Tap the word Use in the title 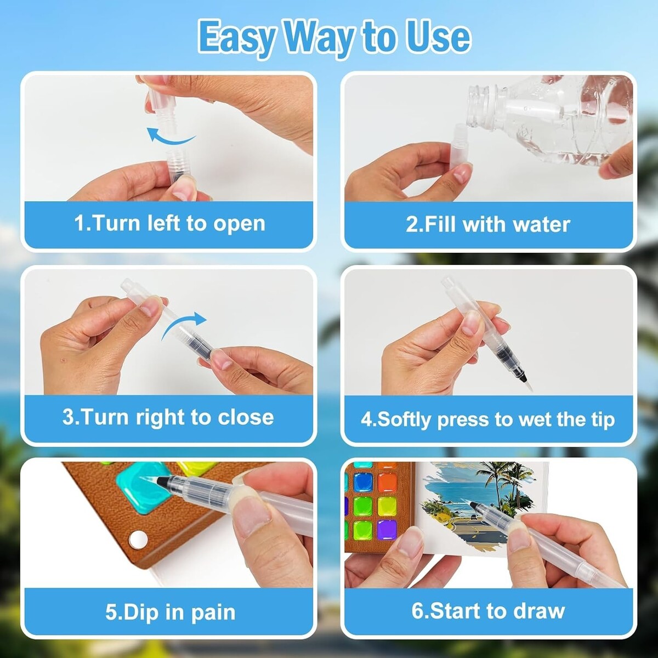point(439,36)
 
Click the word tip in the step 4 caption point(603,419)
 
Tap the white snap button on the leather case point(139,539)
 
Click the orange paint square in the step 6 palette point(388,482)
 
